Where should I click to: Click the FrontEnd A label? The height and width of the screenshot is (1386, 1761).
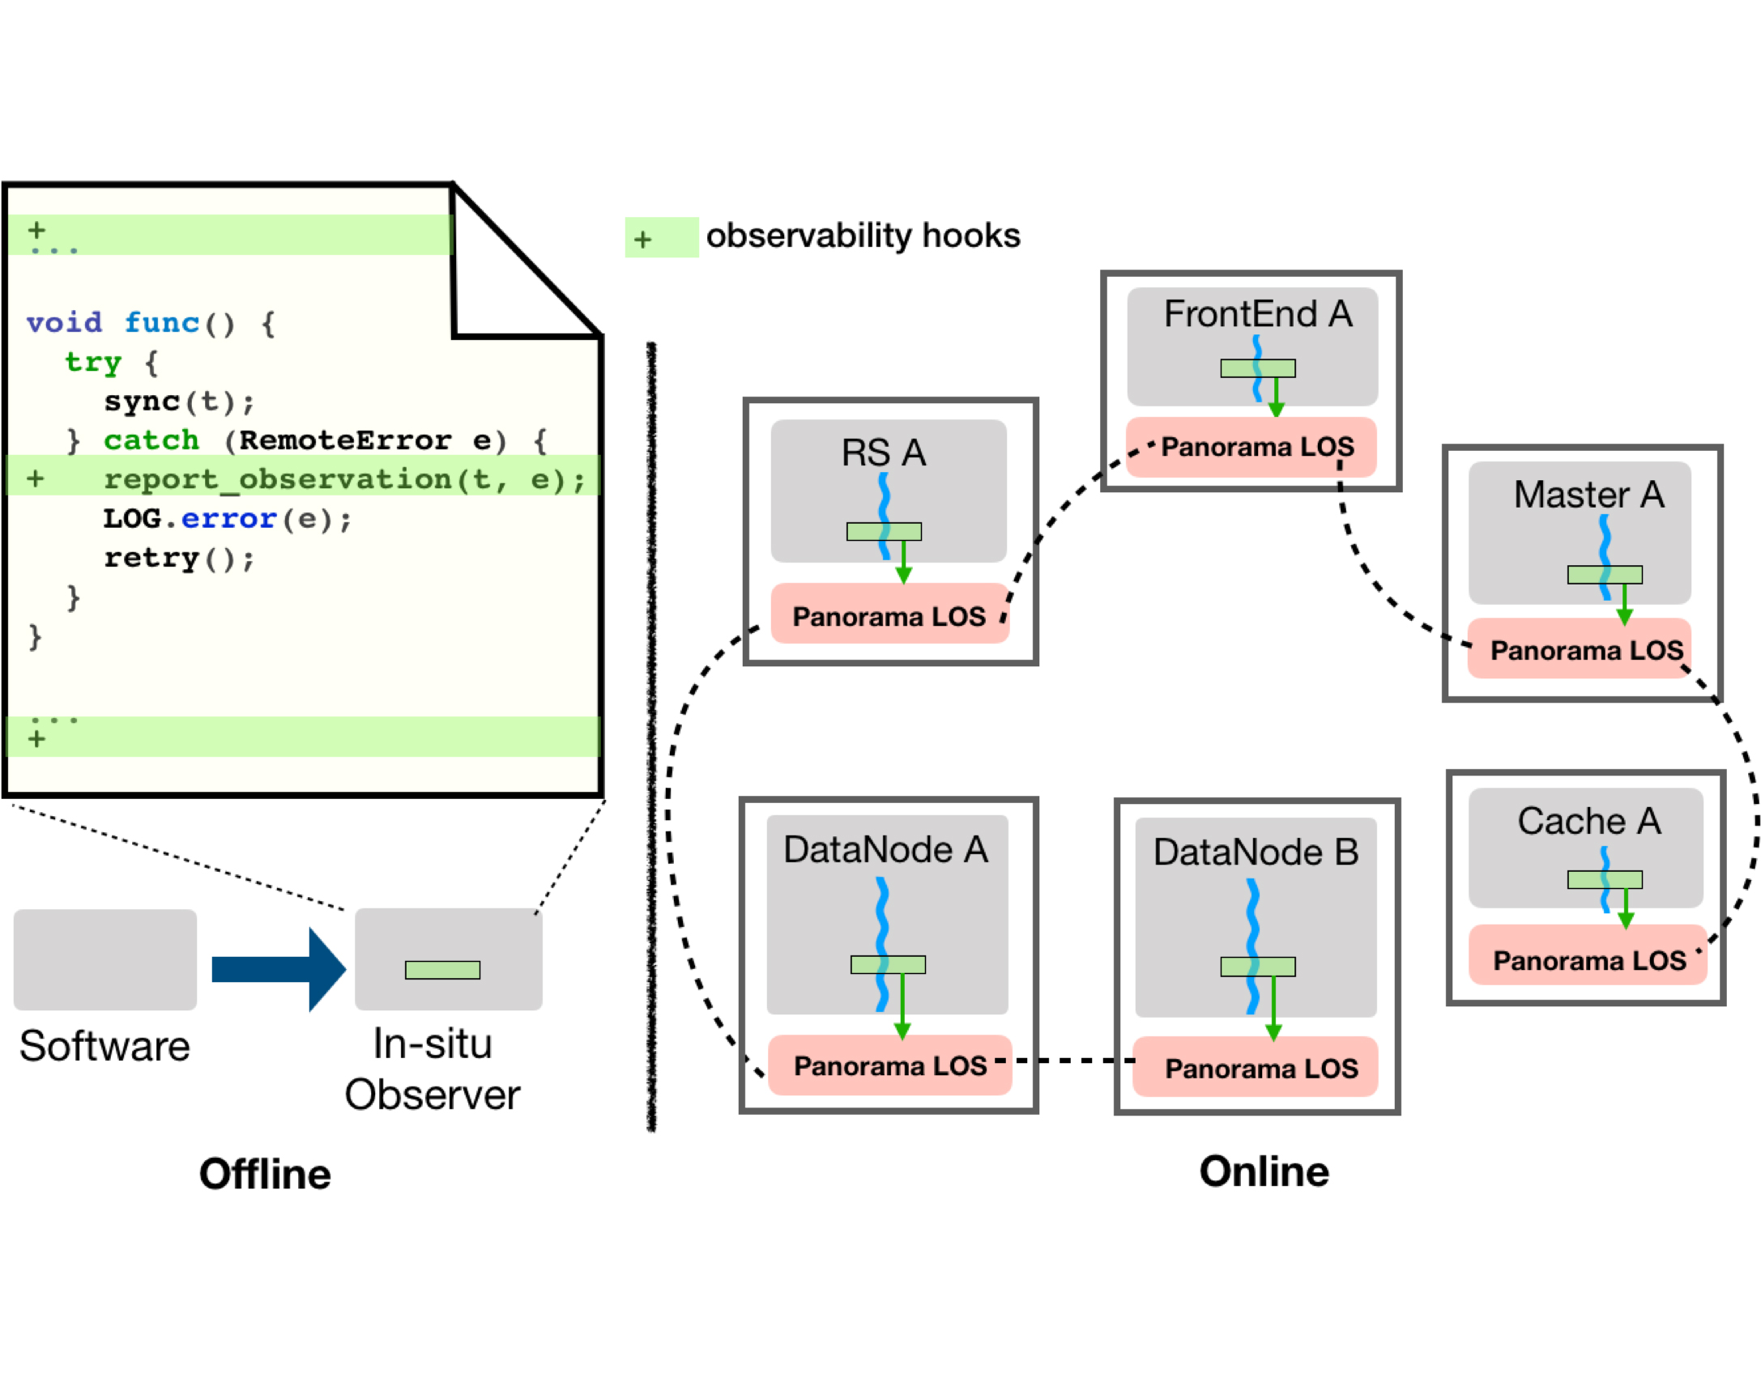(x=1256, y=314)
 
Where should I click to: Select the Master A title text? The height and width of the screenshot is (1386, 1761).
(x=1588, y=494)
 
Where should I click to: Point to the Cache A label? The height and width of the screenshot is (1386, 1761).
(x=1588, y=820)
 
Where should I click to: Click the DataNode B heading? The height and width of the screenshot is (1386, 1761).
(x=1255, y=852)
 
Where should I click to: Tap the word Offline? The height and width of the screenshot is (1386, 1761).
(x=265, y=1173)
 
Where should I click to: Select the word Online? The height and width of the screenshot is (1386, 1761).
(x=1263, y=1171)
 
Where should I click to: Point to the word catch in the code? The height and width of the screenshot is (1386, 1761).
(x=151, y=440)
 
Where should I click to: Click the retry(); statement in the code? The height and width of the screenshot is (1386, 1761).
(x=179, y=558)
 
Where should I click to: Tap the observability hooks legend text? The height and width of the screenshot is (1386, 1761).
(x=862, y=236)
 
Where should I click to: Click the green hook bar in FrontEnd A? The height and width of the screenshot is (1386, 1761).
(x=1257, y=368)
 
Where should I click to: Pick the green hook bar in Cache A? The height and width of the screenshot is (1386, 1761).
(x=1604, y=879)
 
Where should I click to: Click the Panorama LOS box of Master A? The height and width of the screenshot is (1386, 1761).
(x=1586, y=649)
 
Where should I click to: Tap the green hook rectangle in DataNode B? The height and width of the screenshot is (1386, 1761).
(x=1257, y=966)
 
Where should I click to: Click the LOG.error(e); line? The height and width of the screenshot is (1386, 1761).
(x=228, y=518)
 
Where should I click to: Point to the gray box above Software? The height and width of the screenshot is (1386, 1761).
(x=104, y=959)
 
